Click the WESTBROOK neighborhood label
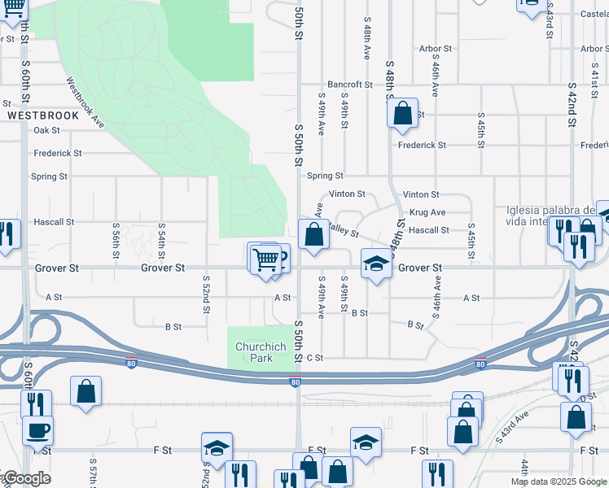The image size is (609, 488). coord(43,115)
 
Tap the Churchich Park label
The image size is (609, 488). coord(261,352)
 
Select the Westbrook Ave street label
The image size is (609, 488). coord(85,102)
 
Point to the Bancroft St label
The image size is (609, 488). coord(349,85)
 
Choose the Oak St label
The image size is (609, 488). coord(46,130)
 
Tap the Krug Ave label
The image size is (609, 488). coord(427,212)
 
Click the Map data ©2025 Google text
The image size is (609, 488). coord(559,481)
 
